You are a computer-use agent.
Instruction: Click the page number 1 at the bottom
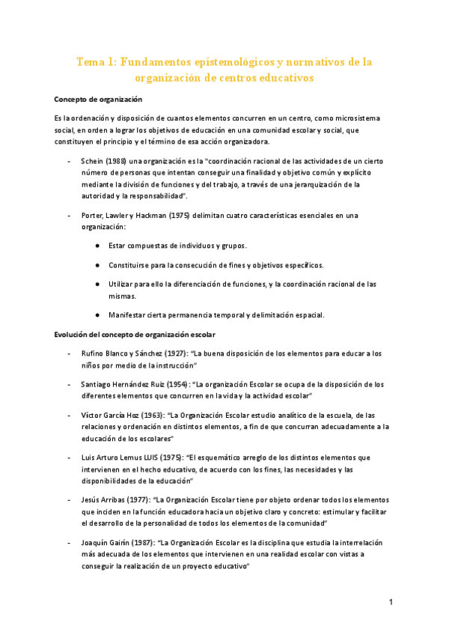tap(391, 602)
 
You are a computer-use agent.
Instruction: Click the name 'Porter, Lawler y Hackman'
tap(125, 215)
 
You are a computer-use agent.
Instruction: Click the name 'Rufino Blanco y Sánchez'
tap(122, 353)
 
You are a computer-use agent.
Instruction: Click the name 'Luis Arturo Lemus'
tap(111, 458)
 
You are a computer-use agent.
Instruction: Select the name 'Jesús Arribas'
tap(105, 500)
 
